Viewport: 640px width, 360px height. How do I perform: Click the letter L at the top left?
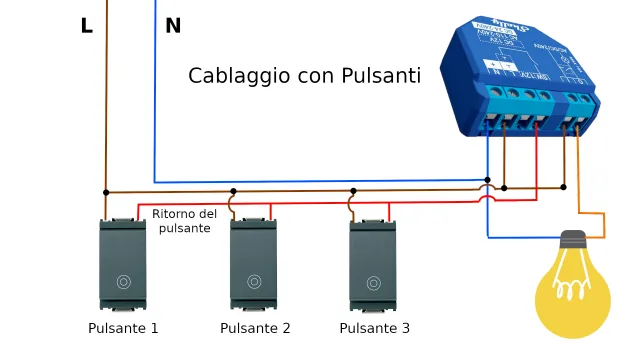tap(87, 27)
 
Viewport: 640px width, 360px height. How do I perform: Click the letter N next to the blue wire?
tap(173, 27)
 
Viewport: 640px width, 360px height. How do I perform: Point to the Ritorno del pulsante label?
tap(184, 221)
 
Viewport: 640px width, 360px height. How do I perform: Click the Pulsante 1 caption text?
tap(123, 328)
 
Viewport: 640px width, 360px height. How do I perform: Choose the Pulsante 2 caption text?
tap(255, 328)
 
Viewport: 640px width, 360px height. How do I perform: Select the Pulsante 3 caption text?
tap(374, 328)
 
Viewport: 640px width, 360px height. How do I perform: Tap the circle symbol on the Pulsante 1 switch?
tap(123, 282)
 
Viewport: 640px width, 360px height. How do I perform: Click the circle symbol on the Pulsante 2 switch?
tap(254, 282)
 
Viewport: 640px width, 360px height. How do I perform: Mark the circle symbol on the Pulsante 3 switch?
tap(373, 282)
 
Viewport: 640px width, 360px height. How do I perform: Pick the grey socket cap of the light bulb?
tap(572, 241)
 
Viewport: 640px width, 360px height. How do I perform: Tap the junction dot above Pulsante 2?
tap(233, 190)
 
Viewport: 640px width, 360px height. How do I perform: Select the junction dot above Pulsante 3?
tap(352, 189)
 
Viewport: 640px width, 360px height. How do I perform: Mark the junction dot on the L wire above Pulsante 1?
tap(105, 192)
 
